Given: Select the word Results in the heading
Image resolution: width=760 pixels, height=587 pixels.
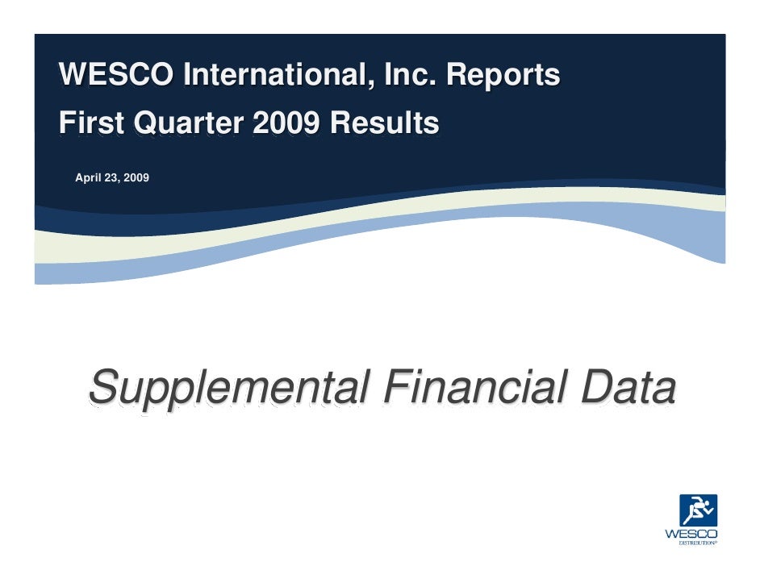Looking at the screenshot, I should pyautogui.click(x=386, y=123).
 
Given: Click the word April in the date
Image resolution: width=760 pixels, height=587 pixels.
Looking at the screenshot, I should pyautogui.click(x=86, y=177).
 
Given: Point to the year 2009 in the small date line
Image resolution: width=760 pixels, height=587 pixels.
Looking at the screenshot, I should pyautogui.click(x=134, y=177).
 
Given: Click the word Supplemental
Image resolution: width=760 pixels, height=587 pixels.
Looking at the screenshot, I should pyautogui.click(x=229, y=389).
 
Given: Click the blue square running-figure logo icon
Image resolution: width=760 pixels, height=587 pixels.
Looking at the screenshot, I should pyautogui.click(x=698, y=510).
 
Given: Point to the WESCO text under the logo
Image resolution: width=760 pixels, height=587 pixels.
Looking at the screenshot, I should pyautogui.click(x=691, y=534).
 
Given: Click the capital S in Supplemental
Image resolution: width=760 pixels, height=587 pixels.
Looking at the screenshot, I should pyautogui.click(x=105, y=387).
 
